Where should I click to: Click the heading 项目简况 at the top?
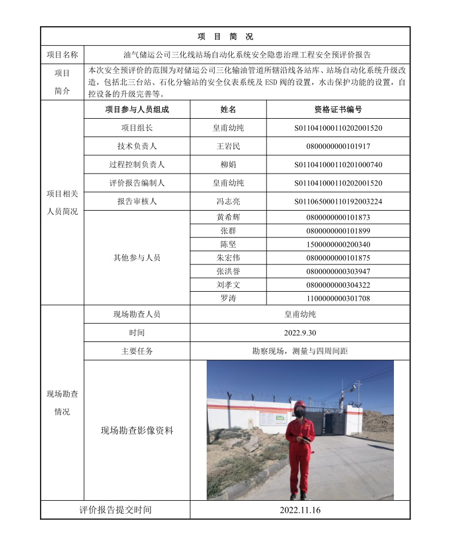pos(225,37)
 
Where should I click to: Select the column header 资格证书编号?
pos(338,110)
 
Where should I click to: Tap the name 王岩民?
pos(228,146)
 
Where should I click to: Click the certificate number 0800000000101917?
pos(338,146)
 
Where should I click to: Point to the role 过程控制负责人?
pos(137,164)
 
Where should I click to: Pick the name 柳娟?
pos(228,164)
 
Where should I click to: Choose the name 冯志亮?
pos(228,201)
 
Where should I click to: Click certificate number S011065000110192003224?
pos(338,201)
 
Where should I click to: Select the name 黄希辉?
pos(228,217)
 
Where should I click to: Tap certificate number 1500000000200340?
pos(338,244)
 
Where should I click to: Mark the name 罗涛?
pos(228,298)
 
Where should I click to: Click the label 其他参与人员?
pos(137,258)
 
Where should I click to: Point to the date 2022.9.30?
pos(300,332)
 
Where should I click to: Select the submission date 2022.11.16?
pos(300,510)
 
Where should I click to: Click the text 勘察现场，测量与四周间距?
pos(300,351)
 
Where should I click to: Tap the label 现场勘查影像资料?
pos(137,431)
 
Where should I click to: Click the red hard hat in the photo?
pos(300,404)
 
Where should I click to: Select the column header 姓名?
pos(228,110)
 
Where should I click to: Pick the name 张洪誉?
pos(228,271)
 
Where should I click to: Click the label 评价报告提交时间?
pos(115,510)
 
